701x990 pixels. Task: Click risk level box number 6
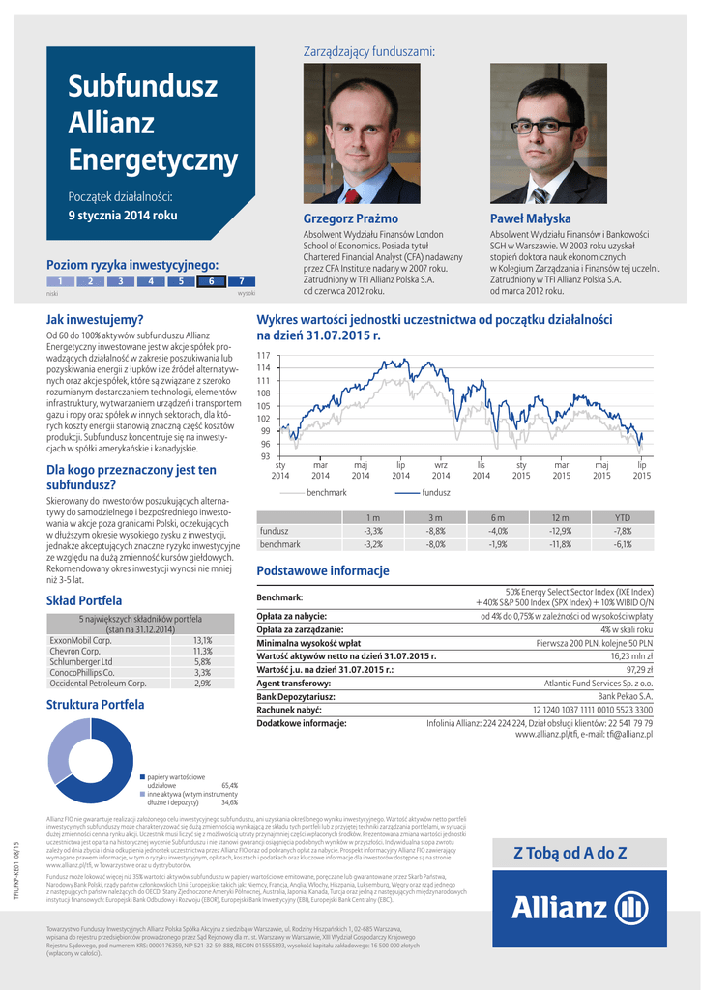click(x=210, y=281)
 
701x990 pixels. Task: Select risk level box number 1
click(x=60, y=281)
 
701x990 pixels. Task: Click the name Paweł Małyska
click(x=530, y=218)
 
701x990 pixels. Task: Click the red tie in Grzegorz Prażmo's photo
click(x=352, y=196)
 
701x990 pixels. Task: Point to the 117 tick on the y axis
click(x=263, y=356)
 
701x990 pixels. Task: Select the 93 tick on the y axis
click(x=263, y=456)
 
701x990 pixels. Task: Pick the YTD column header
click(x=623, y=517)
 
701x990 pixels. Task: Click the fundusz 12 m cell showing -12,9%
click(x=560, y=531)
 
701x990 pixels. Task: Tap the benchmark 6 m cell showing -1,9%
click(x=498, y=544)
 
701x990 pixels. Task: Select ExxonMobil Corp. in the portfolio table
click(x=81, y=640)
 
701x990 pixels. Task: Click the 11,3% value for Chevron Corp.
click(x=202, y=651)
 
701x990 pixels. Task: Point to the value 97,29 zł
click(x=639, y=669)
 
